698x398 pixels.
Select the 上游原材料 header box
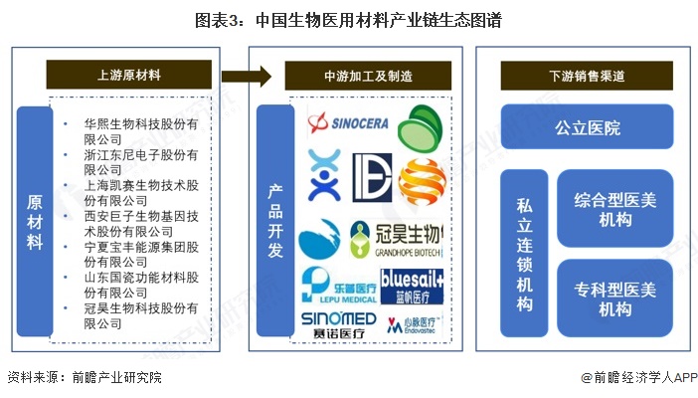click(x=129, y=75)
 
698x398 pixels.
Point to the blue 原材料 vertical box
click(x=34, y=222)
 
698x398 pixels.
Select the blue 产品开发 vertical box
click(x=275, y=220)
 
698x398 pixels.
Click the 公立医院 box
click(x=588, y=126)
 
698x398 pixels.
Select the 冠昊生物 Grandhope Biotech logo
click(x=395, y=239)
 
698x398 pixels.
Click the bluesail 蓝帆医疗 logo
click(x=411, y=283)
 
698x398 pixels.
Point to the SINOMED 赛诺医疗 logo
click(x=338, y=323)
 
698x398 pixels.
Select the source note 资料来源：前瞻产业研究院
click(x=83, y=380)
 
